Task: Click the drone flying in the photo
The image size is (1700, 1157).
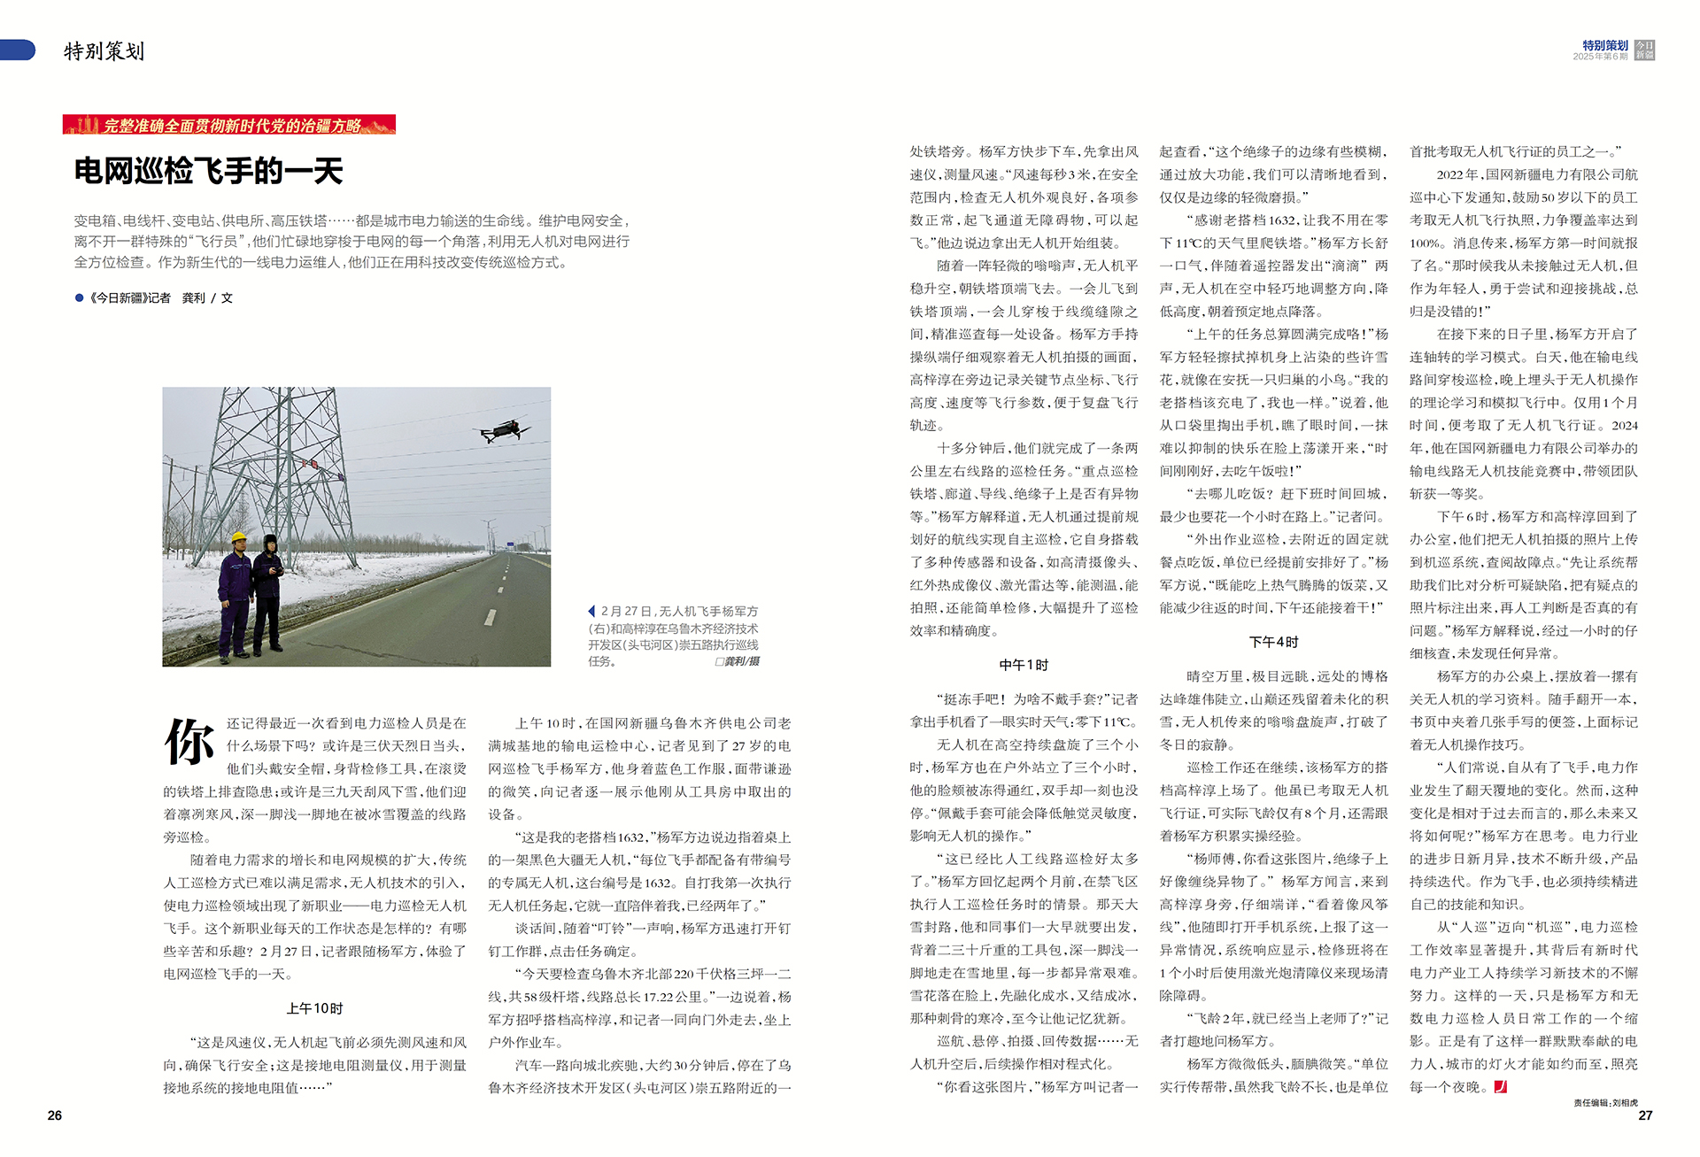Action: click(x=501, y=430)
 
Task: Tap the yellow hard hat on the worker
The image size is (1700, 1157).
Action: click(x=238, y=536)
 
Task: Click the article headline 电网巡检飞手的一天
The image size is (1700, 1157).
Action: click(x=208, y=171)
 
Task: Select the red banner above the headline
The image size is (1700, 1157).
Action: click(x=228, y=125)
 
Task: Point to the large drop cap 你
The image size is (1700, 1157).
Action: click(x=189, y=742)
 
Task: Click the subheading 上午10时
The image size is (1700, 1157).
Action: click(x=314, y=1008)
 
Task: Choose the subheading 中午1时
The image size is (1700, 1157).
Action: click(x=1024, y=665)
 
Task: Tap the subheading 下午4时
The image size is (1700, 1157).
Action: click(x=1273, y=642)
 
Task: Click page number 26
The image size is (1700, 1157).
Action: click(x=55, y=1115)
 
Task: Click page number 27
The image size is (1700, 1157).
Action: click(x=1645, y=1115)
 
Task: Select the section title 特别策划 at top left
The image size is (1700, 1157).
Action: click(x=104, y=51)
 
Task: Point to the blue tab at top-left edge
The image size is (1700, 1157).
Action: click(x=17, y=50)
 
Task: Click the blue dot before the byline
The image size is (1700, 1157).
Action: click(x=80, y=298)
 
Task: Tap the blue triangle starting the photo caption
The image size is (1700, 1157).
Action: click(x=591, y=611)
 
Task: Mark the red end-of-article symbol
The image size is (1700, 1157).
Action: click(x=1500, y=1086)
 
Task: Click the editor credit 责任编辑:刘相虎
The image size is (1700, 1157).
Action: click(x=1605, y=1103)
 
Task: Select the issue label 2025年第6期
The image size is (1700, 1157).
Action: click(x=1600, y=57)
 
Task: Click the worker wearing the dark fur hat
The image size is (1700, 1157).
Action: click(x=267, y=593)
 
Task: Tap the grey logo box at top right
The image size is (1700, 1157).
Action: click(x=1644, y=50)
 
